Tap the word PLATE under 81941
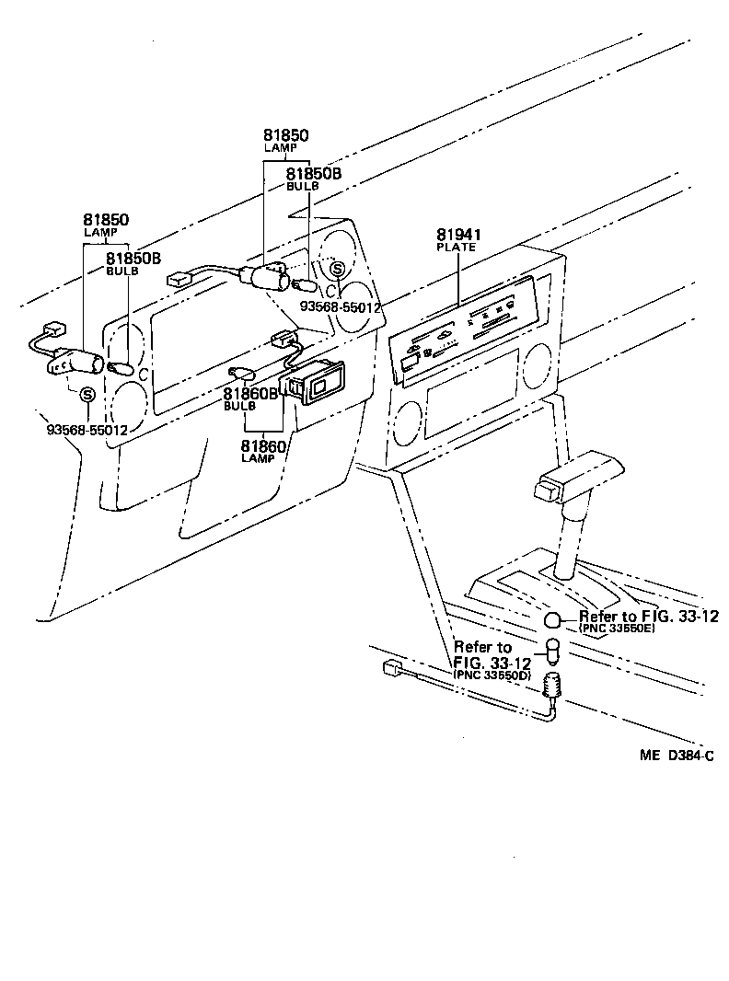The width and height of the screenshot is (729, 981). coord(457,248)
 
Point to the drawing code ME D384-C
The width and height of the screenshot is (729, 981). coord(677,755)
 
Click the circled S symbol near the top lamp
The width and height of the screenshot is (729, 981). coord(338,269)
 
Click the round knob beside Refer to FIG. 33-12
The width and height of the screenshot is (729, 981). coord(551,619)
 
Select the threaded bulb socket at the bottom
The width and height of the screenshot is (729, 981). coord(553,686)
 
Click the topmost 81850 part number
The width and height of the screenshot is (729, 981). coord(285,135)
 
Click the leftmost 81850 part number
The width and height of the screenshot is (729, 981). coord(105,220)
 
